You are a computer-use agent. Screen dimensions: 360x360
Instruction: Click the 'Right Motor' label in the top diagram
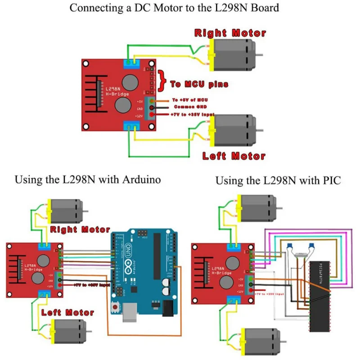point(230,33)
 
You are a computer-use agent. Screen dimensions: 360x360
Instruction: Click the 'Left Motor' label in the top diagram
point(234,156)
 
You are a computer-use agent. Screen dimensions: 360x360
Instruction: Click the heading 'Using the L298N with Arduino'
point(88,180)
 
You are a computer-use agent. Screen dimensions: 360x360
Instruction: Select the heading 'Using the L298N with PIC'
point(278,181)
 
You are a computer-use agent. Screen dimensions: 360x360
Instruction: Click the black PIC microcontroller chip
point(319,297)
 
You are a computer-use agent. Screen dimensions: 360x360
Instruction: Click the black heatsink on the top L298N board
point(94,94)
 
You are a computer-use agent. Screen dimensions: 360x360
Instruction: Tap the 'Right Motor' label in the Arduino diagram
point(80,229)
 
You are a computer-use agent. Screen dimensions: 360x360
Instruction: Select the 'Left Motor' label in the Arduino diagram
point(67,312)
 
